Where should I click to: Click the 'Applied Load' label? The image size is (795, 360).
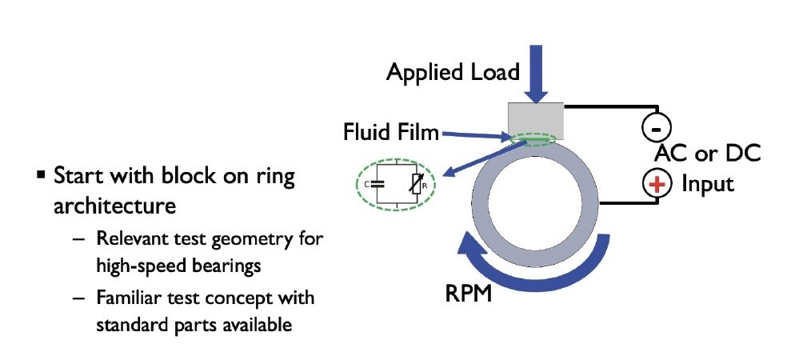pos(453,72)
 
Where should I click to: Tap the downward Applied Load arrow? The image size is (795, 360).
pos(536,73)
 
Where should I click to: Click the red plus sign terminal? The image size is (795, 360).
pos(657,184)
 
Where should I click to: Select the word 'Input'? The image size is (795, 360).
pos(707,184)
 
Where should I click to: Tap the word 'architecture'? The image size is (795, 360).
pos(114,206)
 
